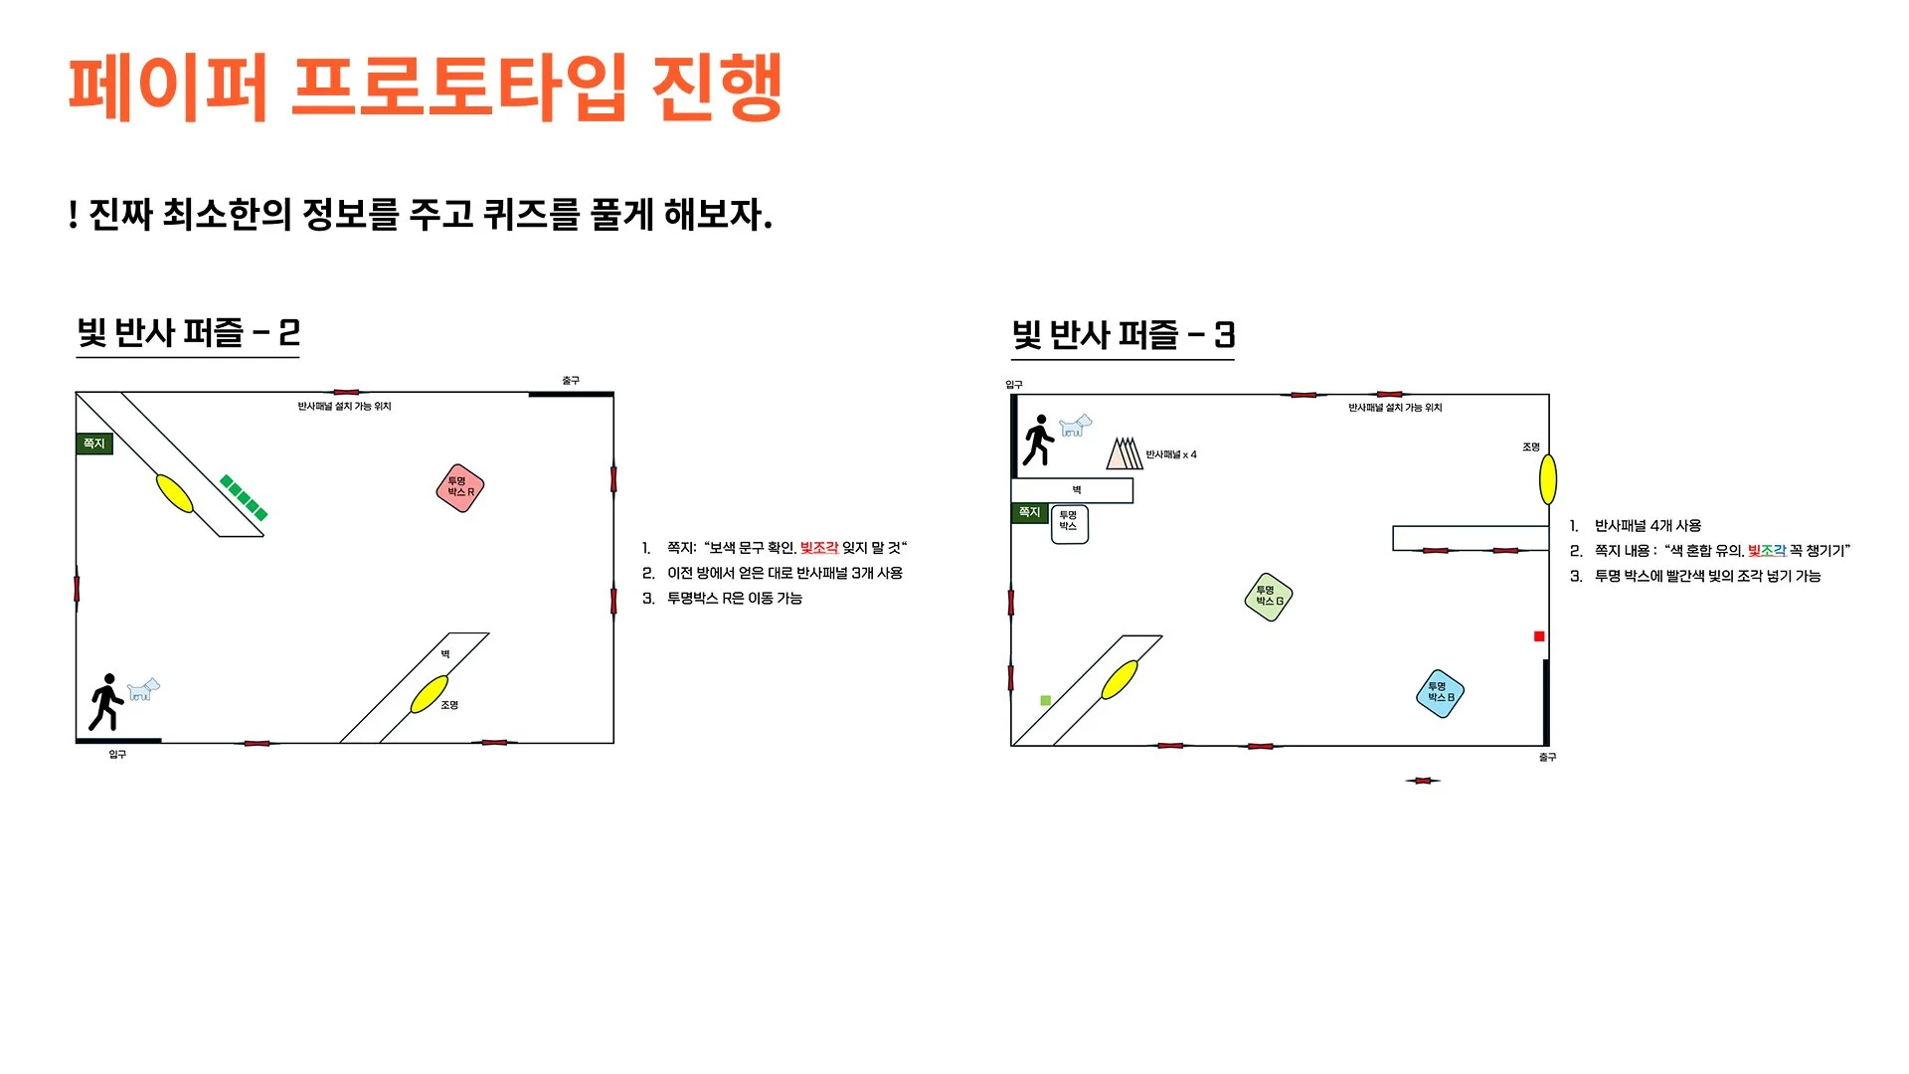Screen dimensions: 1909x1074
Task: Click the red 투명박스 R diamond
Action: [460, 488]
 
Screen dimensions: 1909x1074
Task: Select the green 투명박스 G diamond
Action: [1269, 597]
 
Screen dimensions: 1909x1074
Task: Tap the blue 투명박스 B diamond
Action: [1440, 693]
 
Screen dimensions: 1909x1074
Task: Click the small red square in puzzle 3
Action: [1539, 636]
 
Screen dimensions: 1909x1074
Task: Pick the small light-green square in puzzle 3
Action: [1045, 701]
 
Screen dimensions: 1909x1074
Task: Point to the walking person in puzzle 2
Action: [106, 702]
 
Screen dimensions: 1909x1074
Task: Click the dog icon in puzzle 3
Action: [1075, 426]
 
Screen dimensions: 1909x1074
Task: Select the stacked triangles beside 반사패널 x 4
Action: [1125, 453]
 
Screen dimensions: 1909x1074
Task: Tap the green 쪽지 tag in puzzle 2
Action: [94, 444]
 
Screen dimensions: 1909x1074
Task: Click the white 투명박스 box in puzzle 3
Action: [1069, 524]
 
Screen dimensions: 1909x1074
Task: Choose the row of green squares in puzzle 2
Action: [244, 497]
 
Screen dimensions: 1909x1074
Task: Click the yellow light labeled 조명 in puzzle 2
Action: [430, 694]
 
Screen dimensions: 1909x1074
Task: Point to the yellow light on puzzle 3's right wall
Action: [1548, 479]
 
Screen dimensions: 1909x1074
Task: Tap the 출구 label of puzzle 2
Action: [570, 381]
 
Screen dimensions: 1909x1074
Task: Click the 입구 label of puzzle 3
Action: [1013, 385]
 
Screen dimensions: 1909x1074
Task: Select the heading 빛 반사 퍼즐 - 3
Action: [1123, 335]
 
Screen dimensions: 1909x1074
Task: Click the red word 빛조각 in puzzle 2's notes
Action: [819, 548]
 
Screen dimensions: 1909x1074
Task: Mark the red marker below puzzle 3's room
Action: [1423, 781]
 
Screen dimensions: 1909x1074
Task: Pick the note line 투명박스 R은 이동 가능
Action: [734, 599]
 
